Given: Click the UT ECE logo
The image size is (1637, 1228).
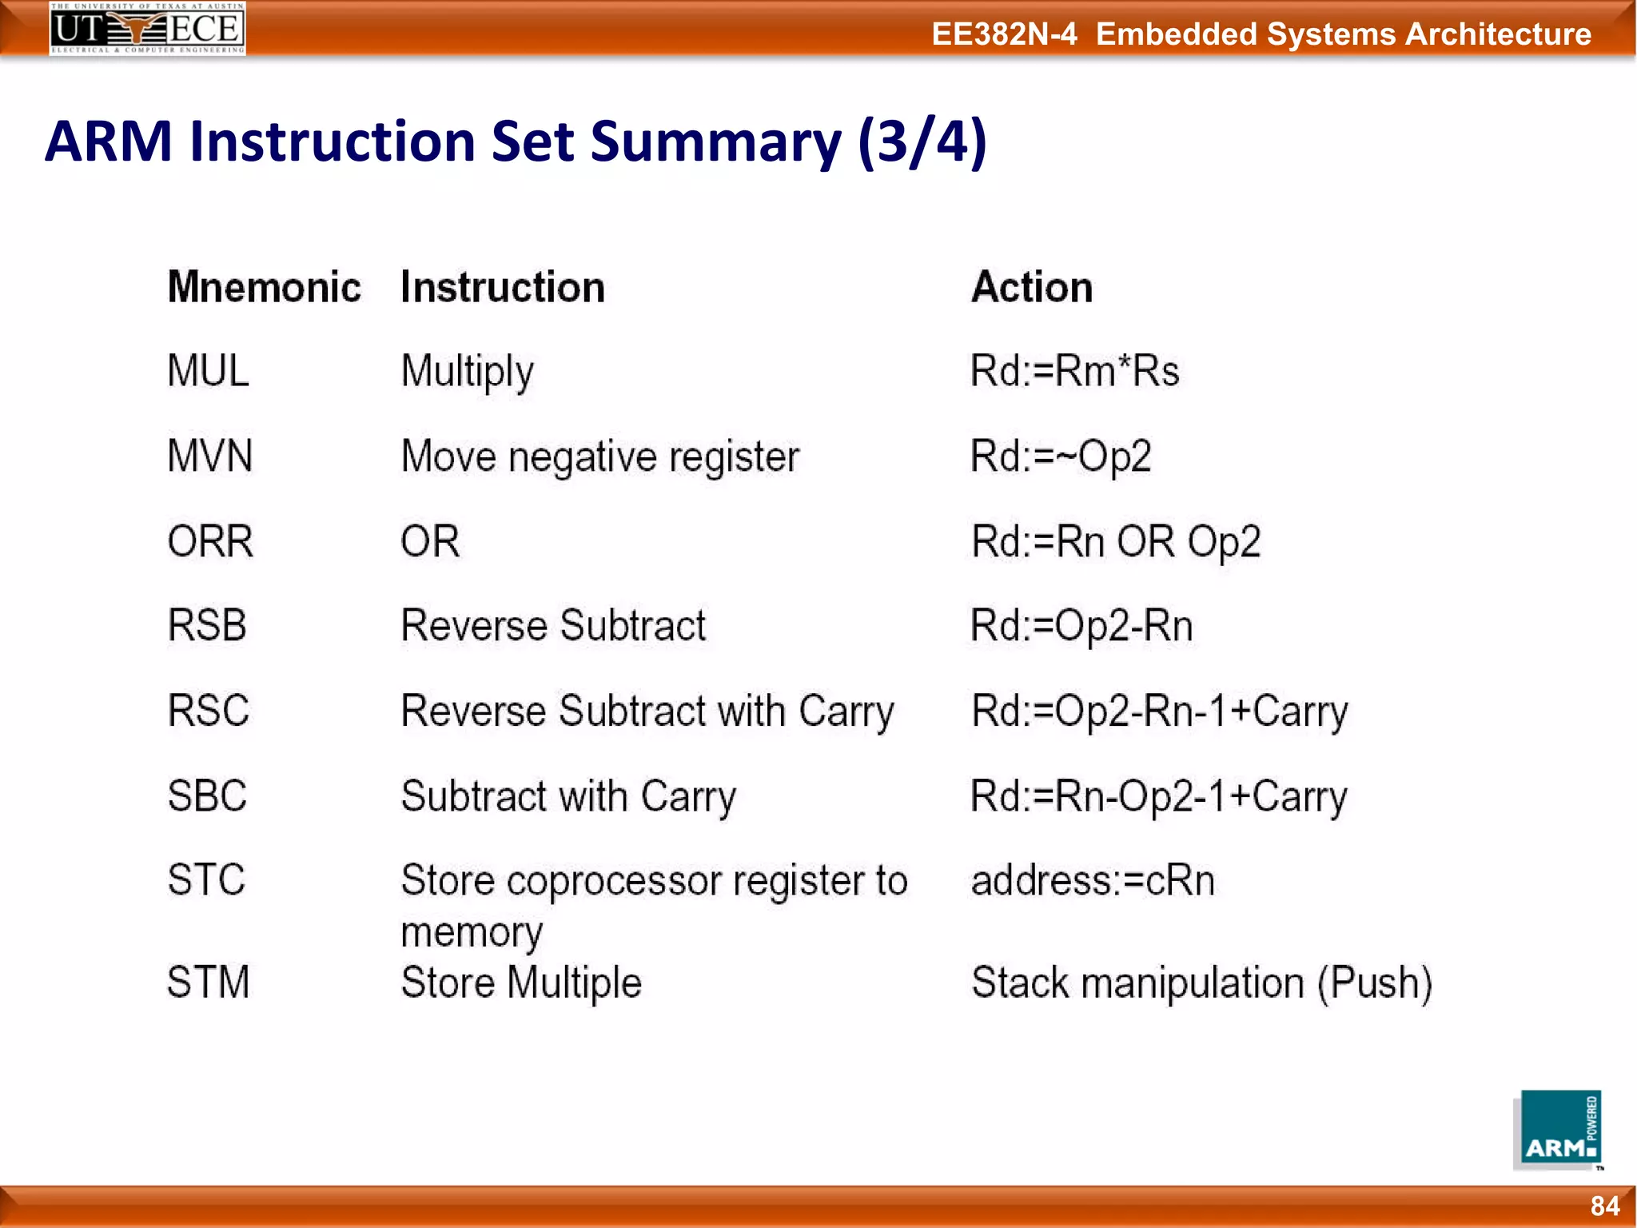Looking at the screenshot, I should click(148, 29).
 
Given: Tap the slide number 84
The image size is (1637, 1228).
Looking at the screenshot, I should click(1604, 1206).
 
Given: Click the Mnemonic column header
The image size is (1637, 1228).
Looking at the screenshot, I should click(264, 287).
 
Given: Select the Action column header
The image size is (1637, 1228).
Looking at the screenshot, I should click(1032, 287).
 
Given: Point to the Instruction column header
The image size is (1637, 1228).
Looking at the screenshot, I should click(503, 287).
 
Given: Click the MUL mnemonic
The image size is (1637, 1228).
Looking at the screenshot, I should click(208, 371).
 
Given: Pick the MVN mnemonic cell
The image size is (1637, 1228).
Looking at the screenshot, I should click(210, 456).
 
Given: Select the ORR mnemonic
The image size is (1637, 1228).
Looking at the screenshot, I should click(210, 541).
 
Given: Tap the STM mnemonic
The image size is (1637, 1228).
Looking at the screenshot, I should click(209, 982).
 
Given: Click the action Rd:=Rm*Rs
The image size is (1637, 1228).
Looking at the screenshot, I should click(1074, 371).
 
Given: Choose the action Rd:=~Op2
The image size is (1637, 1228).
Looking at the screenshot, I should click(1060, 457).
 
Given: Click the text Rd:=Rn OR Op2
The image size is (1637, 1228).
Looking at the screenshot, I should click(1116, 541).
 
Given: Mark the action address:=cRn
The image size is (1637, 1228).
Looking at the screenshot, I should click(1093, 880).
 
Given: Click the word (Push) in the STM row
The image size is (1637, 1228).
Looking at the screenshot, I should click(1375, 983).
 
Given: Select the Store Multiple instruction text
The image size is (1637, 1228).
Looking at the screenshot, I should click(521, 983).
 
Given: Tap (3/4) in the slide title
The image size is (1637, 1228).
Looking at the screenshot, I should click(922, 142).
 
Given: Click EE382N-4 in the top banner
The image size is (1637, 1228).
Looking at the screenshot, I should click(1004, 34).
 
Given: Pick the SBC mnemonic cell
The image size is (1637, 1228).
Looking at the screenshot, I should click(207, 795).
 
